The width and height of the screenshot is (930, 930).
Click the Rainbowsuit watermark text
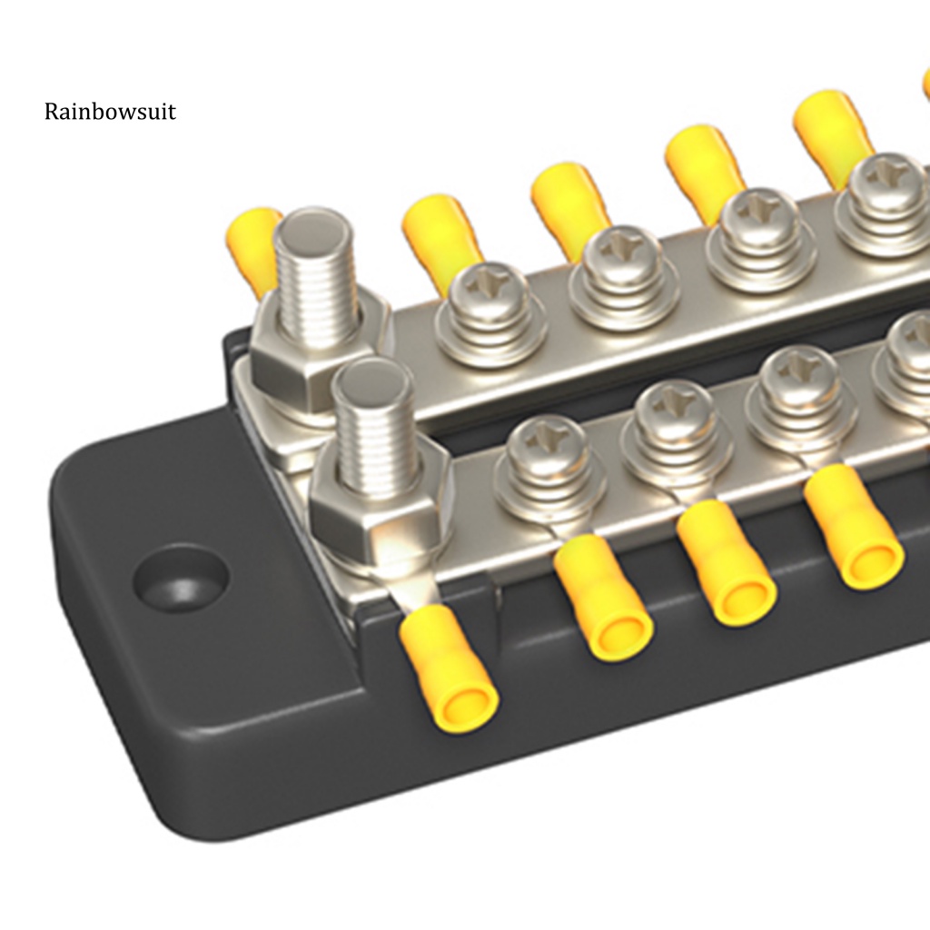coord(110,112)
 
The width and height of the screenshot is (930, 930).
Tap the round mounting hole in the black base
coord(181,578)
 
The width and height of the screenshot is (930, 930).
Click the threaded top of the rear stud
coord(314,272)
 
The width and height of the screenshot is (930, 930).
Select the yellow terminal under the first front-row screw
coord(603,596)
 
